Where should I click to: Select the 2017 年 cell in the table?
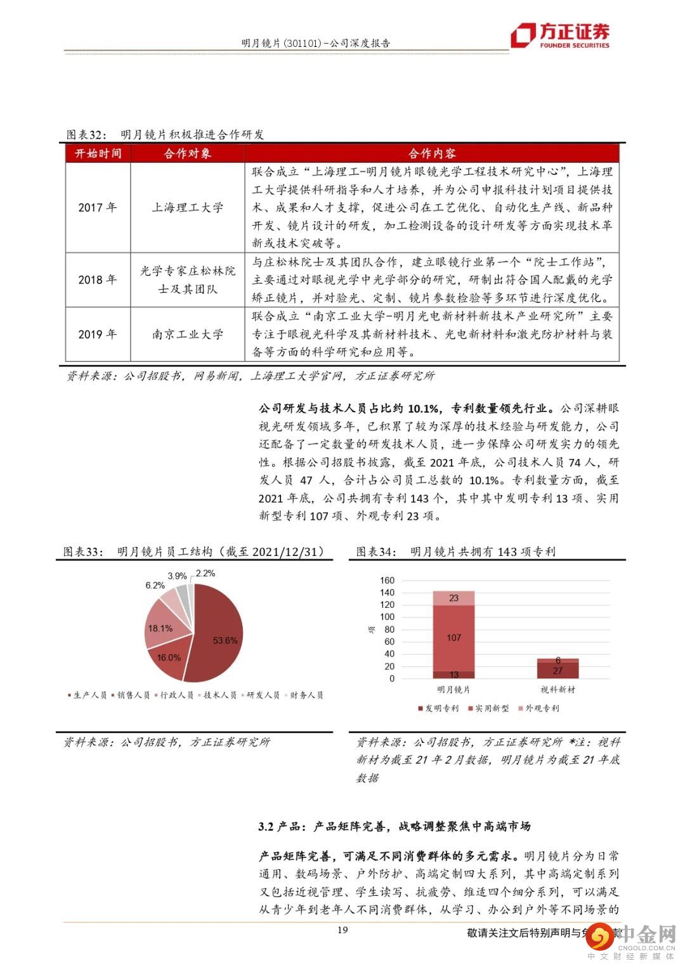[x=98, y=207]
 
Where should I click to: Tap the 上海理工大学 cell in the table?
[x=187, y=207]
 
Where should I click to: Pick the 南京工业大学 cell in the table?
[x=187, y=334]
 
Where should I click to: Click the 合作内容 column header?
[x=432, y=153]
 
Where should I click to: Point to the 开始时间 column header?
[x=98, y=153]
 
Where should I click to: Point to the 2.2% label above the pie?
[x=205, y=573]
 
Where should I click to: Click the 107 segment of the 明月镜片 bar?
[x=453, y=637]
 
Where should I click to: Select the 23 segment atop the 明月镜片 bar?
[x=453, y=598]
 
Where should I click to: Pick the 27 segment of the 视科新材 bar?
[x=558, y=671]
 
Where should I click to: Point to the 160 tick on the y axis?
[x=387, y=580]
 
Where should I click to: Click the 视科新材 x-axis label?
[x=558, y=689]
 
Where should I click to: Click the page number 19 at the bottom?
[x=342, y=930]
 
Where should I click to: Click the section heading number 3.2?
[x=266, y=826]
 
